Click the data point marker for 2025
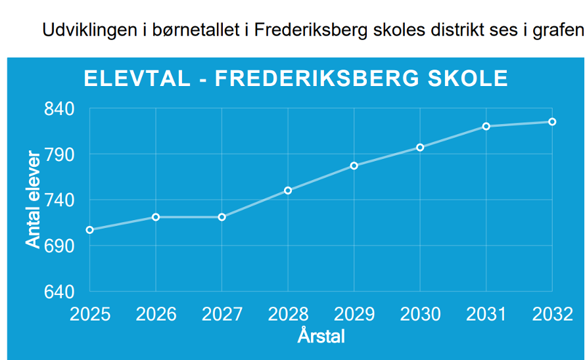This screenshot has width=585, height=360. [x=89, y=230]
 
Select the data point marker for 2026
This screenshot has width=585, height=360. [x=156, y=217]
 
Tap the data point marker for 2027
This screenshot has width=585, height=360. [x=222, y=217]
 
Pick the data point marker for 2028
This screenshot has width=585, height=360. [x=288, y=191]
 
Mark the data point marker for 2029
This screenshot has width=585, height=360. [x=354, y=166]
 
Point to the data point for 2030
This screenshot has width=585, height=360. [x=420, y=147]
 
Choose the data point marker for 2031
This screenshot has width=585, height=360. [x=486, y=126]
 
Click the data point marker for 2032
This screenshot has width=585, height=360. [x=553, y=122]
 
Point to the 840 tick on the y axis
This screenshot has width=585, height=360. [x=59, y=109]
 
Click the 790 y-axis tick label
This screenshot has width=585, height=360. [x=59, y=154]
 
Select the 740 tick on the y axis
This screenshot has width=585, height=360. [x=59, y=200]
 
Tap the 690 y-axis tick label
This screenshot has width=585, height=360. [x=59, y=246]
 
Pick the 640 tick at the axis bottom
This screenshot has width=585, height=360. [x=59, y=291]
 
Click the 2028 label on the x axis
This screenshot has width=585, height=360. [x=288, y=315]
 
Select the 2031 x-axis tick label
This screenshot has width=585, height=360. [x=486, y=315]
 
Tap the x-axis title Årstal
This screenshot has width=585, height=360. [x=321, y=336]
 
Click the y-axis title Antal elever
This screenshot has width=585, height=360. [x=33, y=199]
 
